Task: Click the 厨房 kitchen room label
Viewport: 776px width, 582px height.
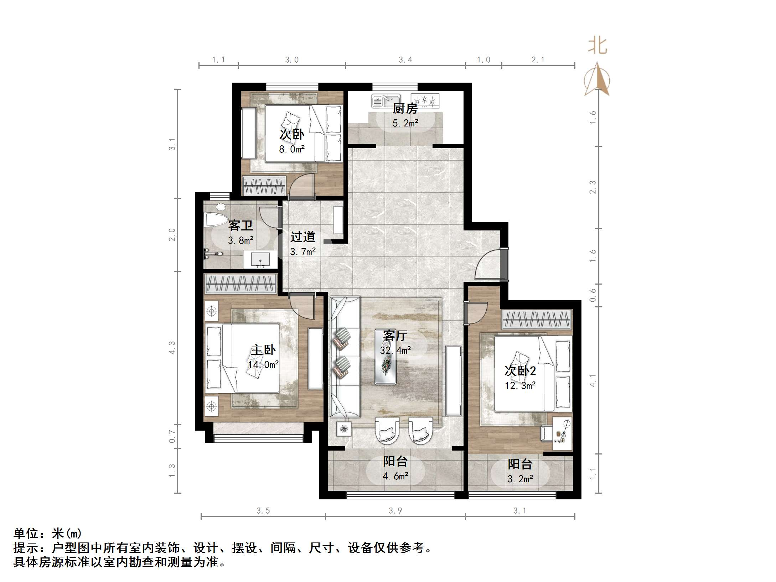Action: [405, 108]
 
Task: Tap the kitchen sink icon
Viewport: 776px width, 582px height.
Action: [386, 101]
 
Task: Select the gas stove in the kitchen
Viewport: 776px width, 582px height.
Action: [425, 101]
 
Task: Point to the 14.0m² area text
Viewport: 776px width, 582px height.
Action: [263, 365]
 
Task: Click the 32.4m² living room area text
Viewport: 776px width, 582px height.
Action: [395, 350]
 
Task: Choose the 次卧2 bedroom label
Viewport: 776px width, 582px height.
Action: [520, 371]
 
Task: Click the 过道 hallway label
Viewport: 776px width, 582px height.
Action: [302, 237]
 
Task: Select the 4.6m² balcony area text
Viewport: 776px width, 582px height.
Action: [395, 476]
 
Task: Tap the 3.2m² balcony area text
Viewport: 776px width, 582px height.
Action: [520, 479]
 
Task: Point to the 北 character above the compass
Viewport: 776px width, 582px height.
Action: [597, 46]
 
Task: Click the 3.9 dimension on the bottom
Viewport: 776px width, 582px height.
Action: [395, 511]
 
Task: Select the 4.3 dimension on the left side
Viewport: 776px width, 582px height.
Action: [172, 347]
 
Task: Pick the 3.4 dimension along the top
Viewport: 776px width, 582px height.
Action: [405, 60]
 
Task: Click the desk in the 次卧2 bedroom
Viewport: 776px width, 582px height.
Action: [562, 433]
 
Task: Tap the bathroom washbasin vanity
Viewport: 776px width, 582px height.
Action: [260, 259]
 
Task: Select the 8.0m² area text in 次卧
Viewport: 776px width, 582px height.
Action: [291, 149]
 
